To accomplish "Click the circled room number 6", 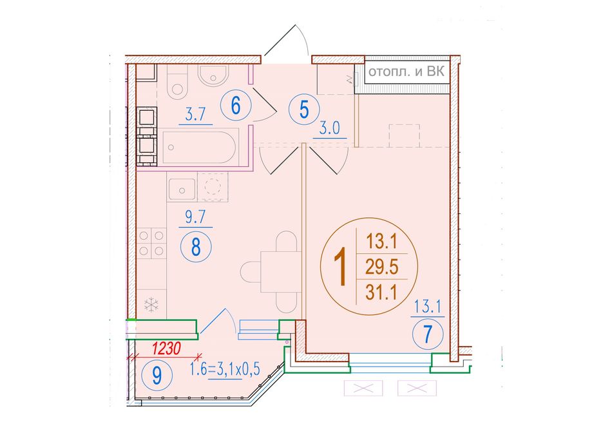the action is pyautogui.click(x=236, y=106).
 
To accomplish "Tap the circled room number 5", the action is pyautogui.click(x=304, y=110).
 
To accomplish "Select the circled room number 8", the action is pyautogui.click(x=196, y=246).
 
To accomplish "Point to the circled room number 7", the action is pyautogui.click(x=428, y=334).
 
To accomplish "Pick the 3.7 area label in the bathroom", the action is pyautogui.click(x=195, y=115).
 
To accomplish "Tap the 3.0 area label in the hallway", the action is pyautogui.click(x=330, y=128).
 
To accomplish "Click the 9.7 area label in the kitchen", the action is pyautogui.click(x=195, y=217).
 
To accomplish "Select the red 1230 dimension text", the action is pyautogui.click(x=166, y=349).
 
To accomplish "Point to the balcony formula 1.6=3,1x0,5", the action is pyautogui.click(x=225, y=369).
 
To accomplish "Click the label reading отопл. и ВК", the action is pyautogui.click(x=406, y=72).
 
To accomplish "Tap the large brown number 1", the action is pyautogui.click(x=340, y=267).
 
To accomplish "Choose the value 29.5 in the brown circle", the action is pyautogui.click(x=381, y=267).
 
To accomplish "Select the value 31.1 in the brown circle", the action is pyautogui.click(x=381, y=292).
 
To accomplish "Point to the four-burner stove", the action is pyautogui.click(x=152, y=244).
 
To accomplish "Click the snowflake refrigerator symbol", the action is pyautogui.click(x=151, y=305).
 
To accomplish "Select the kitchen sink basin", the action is pyautogui.click(x=182, y=189).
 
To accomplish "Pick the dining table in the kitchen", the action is pyautogui.click(x=281, y=272).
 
